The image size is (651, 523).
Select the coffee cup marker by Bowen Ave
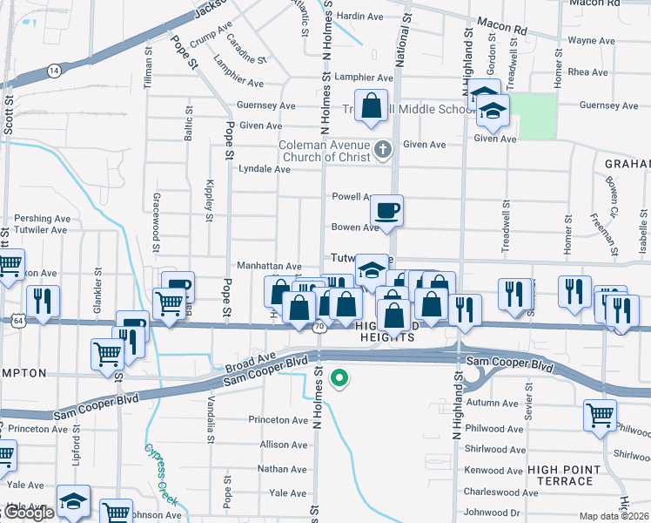pyautogui.click(x=386, y=210)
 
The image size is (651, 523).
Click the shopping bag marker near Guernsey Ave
pyautogui.click(x=371, y=105)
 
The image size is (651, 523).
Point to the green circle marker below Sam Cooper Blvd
pyautogui.click(x=341, y=378)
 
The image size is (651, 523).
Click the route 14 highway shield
pyautogui.click(x=55, y=70)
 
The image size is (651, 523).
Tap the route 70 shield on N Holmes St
pyautogui.click(x=319, y=326)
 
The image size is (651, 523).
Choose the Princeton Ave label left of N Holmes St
pyautogui.click(x=279, y=419)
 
